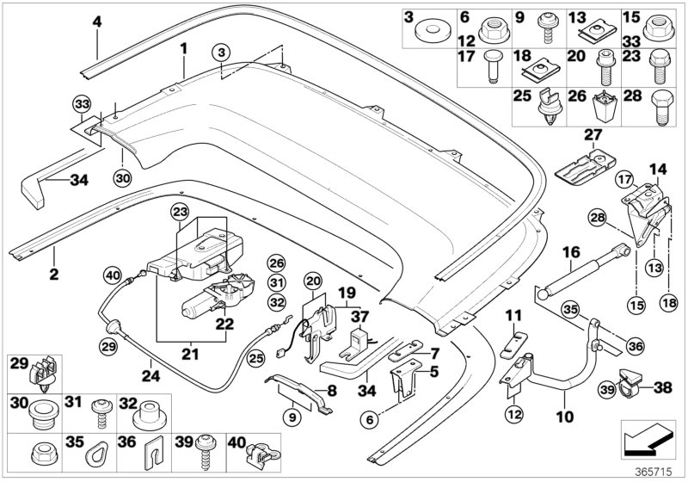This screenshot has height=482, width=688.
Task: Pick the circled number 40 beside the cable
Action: click(x=112, y=275)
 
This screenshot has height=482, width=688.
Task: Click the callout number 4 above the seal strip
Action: click(x=97, y=20)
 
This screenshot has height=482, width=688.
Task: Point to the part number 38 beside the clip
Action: click(x=663, y=386)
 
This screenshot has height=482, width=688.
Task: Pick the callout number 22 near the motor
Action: click(x=225, y=324)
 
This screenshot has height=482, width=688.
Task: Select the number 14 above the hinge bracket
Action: click(x=657, y=168)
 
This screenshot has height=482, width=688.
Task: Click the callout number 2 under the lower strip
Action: click(x=53, y=275)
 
